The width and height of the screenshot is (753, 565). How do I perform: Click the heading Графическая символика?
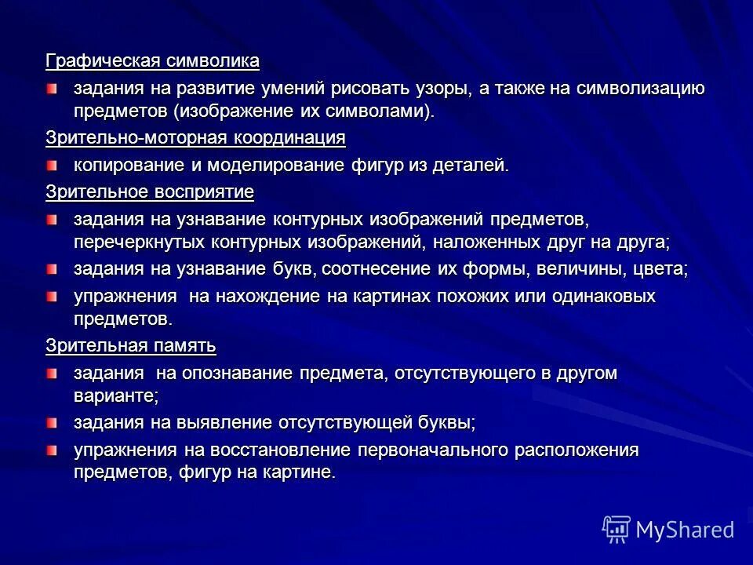[152, 60]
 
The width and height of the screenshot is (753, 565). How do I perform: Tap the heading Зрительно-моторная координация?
[195, 138]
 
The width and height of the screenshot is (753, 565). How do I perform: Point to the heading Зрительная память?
[130, 345]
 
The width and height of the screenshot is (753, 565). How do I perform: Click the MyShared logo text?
[684, 529]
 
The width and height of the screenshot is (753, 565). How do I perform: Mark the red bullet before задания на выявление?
[51, 423]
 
